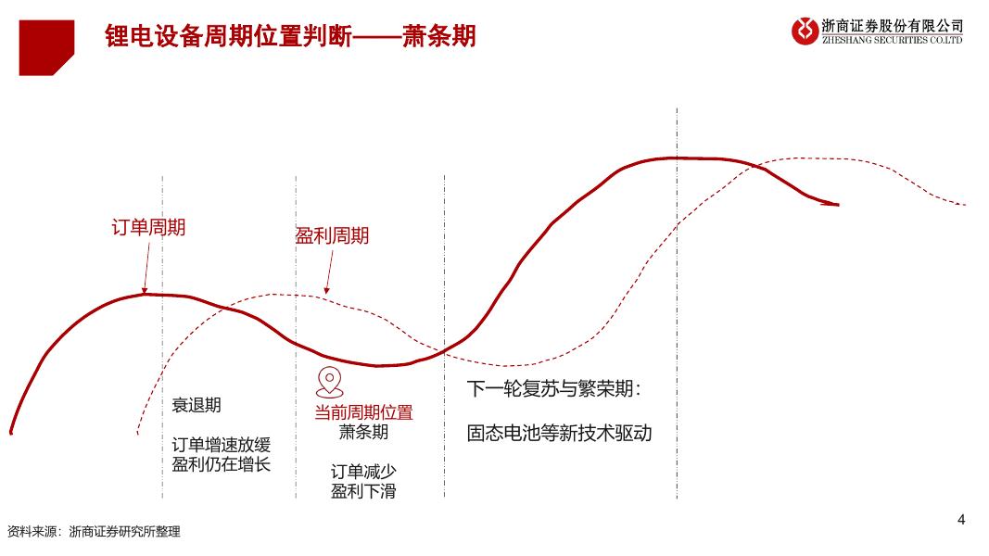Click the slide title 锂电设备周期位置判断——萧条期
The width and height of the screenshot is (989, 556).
coord(291,36)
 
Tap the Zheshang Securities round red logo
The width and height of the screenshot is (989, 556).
coord(805,32)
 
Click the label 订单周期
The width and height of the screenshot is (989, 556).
coord(148,227)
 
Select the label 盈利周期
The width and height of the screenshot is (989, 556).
coord(332,235)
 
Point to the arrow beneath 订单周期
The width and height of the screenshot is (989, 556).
coord(146,268)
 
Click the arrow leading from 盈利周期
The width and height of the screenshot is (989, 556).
coord(327,272)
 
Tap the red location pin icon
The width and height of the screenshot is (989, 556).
coord(328,382)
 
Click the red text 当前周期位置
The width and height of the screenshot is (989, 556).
coord(363,412)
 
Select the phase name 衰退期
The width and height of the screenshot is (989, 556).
coord(197,405)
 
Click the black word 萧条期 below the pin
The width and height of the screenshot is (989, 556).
coord(363,432)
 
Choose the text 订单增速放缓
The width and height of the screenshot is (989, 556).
coord(222,444)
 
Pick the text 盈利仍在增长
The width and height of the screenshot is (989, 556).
coord(222,464)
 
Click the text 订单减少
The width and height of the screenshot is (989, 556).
coord(363,472)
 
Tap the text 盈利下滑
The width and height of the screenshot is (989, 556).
coord(363,491)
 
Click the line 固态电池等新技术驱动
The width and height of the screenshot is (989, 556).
coord(559,433)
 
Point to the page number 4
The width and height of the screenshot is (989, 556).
coord(961,519)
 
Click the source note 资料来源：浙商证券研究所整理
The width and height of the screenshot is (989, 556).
coord(94,532)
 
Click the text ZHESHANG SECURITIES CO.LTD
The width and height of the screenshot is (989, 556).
coord(892,40)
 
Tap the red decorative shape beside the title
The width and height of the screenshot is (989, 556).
coord(46,47)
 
